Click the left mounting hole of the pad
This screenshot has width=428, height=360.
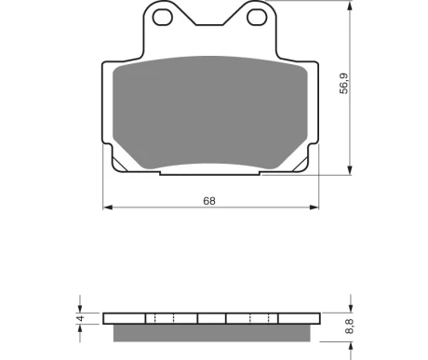[x=163, y=18]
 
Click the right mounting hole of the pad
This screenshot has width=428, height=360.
[x=257, y=18]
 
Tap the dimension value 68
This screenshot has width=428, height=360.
[x=209, y=201]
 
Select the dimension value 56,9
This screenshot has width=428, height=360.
[x=344, y=84]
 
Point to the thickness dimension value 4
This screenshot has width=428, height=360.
[x=81, y=318]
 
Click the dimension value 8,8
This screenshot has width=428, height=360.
[x=349, y=327]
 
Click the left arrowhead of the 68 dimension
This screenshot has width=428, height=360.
[x=108, y=207]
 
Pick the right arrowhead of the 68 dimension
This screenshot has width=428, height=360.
[x=314, y=207]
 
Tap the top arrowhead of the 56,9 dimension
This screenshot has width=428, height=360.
[x=350, y=6]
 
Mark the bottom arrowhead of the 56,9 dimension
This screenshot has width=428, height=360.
[x=350, y=170]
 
